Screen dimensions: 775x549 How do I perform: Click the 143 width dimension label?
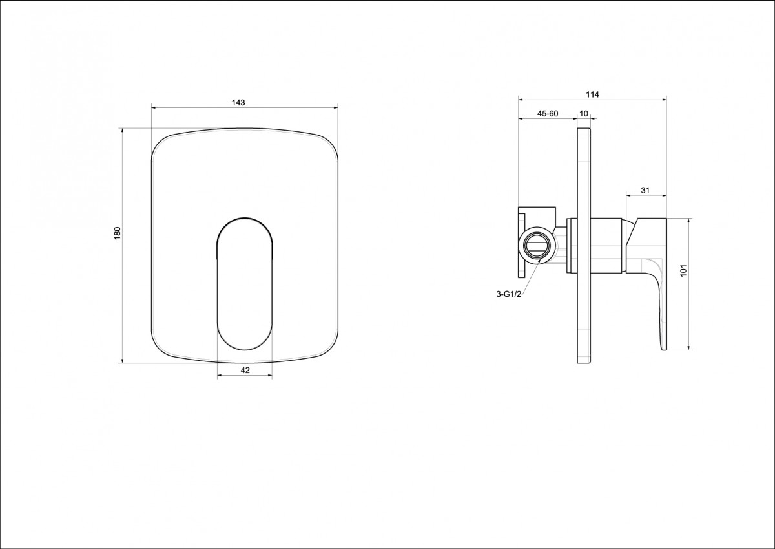point(238,103)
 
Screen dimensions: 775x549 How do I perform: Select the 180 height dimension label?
point(118,233)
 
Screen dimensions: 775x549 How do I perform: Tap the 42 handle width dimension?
point(245,371)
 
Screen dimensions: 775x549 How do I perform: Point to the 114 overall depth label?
point(592,94)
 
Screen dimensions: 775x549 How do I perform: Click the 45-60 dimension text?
point(548,114)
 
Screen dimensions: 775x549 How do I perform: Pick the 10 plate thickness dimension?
point(584,114)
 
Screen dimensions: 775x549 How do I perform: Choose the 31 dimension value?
point(645,190)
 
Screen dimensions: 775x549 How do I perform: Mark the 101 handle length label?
point(683,270)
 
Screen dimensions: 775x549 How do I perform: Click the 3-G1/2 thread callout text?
point(509,294)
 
